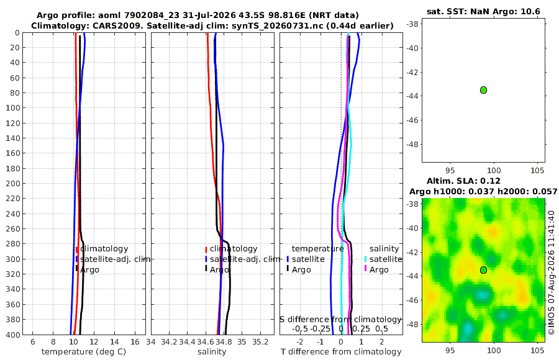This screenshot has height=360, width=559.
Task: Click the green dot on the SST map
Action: [x=483, y=90]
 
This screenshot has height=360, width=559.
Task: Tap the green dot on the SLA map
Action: [x=483, y=270]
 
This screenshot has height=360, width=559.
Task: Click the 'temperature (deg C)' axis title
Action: [x=84, y=352]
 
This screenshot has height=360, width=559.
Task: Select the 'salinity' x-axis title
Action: [x=212, y=352]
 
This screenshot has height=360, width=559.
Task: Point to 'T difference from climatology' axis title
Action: [x=341, y=352]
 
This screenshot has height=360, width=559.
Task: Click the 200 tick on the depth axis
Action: [x=13, y=183]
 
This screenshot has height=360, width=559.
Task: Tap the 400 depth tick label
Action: [x=13, y=335]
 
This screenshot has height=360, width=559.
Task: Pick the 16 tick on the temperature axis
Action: [x=135, y=342]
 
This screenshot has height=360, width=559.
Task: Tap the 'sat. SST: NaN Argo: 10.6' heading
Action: [x=483, y=12]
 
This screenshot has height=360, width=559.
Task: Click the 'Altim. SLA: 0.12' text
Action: [x=463, y=181]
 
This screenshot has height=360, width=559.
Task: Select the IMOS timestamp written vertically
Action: [x=551, y=272]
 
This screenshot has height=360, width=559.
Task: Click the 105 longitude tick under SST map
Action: [x=537, y=171]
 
